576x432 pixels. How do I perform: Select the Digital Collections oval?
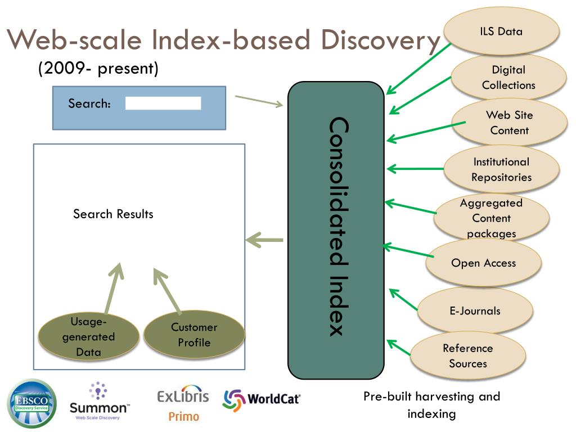tap(508, 78)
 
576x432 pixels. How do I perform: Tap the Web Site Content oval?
tap(509, 123)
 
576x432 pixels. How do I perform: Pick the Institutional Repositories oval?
tap(501, 169)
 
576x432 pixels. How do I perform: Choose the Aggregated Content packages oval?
tap(491, 218)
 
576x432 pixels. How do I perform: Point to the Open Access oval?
tap(483, 263)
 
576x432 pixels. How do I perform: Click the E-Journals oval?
tap(475, 310)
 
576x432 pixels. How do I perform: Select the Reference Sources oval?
tap(467, 355)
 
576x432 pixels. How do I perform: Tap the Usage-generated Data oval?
tap(88, 337)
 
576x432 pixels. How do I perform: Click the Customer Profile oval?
tap(194, 335)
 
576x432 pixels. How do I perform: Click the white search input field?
tap(163, 103)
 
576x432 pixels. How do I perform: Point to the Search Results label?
tap(113, 214)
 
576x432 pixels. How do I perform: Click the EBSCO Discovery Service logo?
tap(31, 403)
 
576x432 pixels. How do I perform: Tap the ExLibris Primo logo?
tap(183, 403)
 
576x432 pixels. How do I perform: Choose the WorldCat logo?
tap(262, 400)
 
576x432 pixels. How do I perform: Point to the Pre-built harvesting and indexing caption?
tap(431, 405)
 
